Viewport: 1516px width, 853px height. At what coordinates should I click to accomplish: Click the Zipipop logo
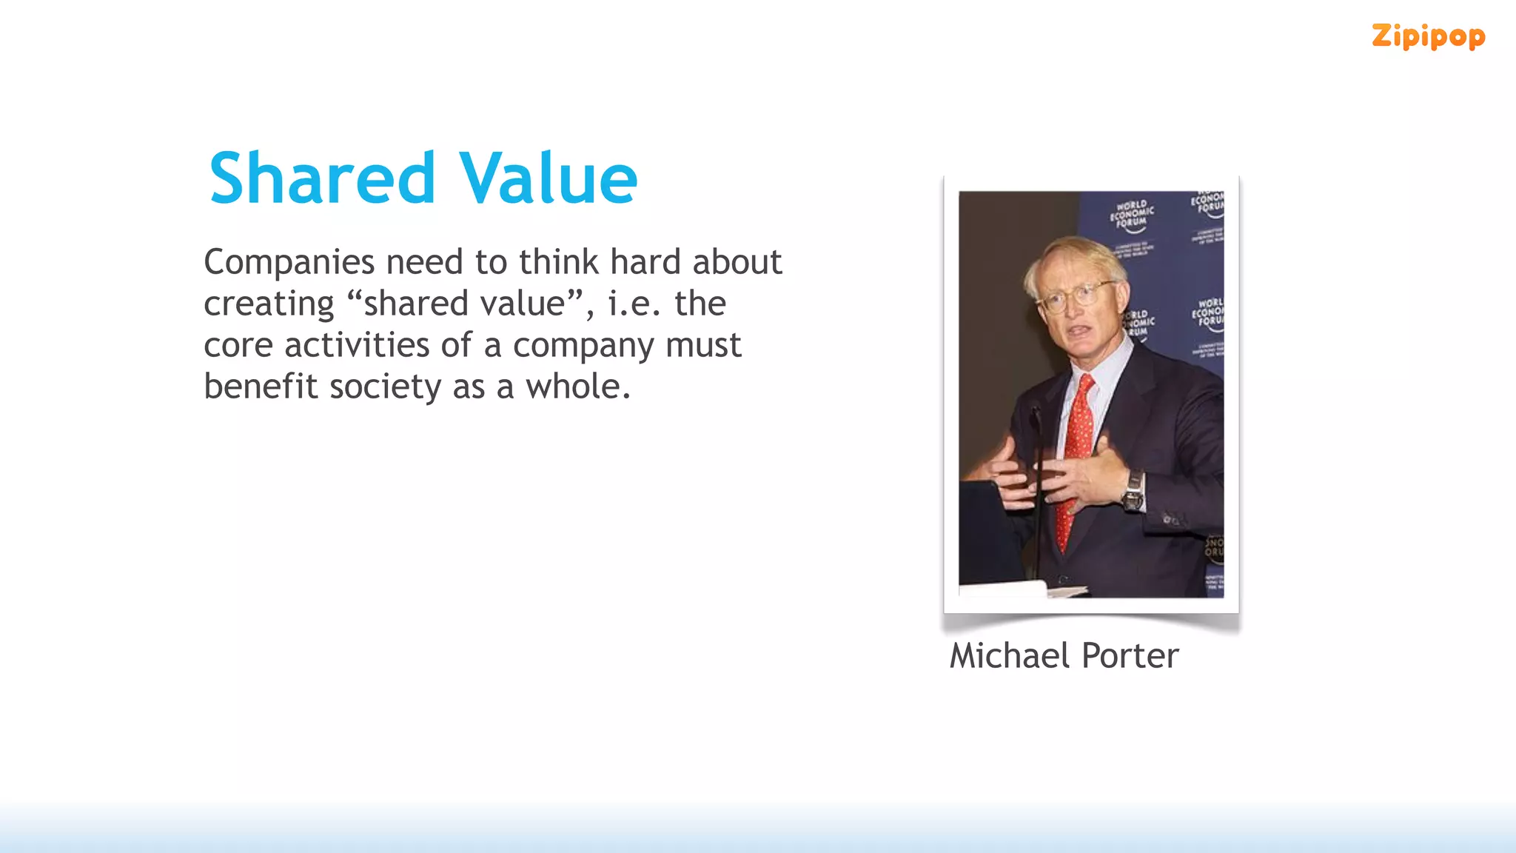coord(1428,36)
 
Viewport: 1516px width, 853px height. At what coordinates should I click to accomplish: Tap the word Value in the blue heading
coord(548,178)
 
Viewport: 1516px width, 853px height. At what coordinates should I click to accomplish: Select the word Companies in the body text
coord(289,263)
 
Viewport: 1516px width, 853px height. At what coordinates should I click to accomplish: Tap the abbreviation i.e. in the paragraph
coord(634,304)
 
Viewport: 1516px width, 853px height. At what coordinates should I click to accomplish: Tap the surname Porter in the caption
coord(1130,656)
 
